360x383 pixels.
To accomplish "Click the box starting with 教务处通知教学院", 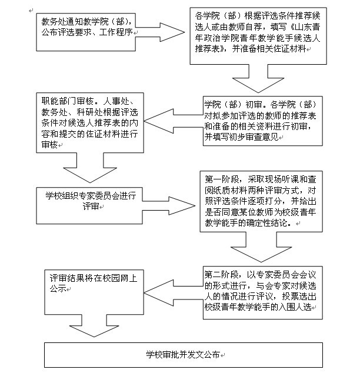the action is [x=86, y=32].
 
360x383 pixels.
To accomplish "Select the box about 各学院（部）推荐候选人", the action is [x=258, y=36].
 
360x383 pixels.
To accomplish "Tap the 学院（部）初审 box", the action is [x=262, y=121].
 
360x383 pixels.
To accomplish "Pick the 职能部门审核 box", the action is [x=90, y=122].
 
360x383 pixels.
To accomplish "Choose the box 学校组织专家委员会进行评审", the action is [x=89, y=206].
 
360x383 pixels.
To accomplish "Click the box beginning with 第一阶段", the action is [x=261, y=201].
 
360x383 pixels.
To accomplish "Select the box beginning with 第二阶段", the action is [x=262, y=292].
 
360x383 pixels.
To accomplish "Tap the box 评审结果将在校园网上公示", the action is [x=94, y=292].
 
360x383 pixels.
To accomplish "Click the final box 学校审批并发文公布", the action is [x=184, y=355].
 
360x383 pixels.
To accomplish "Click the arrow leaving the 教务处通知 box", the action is [x=160, y=32].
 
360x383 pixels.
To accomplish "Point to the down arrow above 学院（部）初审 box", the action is [x=258, y=78].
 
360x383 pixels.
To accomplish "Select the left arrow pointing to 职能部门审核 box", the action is [x=174, y=121].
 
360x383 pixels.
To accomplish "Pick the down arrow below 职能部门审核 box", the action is [x=90, y=168].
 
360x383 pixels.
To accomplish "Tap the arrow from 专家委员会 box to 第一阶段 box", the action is [x=169, y=206].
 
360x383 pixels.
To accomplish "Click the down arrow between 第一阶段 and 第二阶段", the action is [x=261, y=247].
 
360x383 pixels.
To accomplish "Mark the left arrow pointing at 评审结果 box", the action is [x=174, y=293].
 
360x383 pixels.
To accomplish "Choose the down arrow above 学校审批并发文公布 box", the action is [x=94, y=326].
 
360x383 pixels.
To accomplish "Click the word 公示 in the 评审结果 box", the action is [x=58, y=289].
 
